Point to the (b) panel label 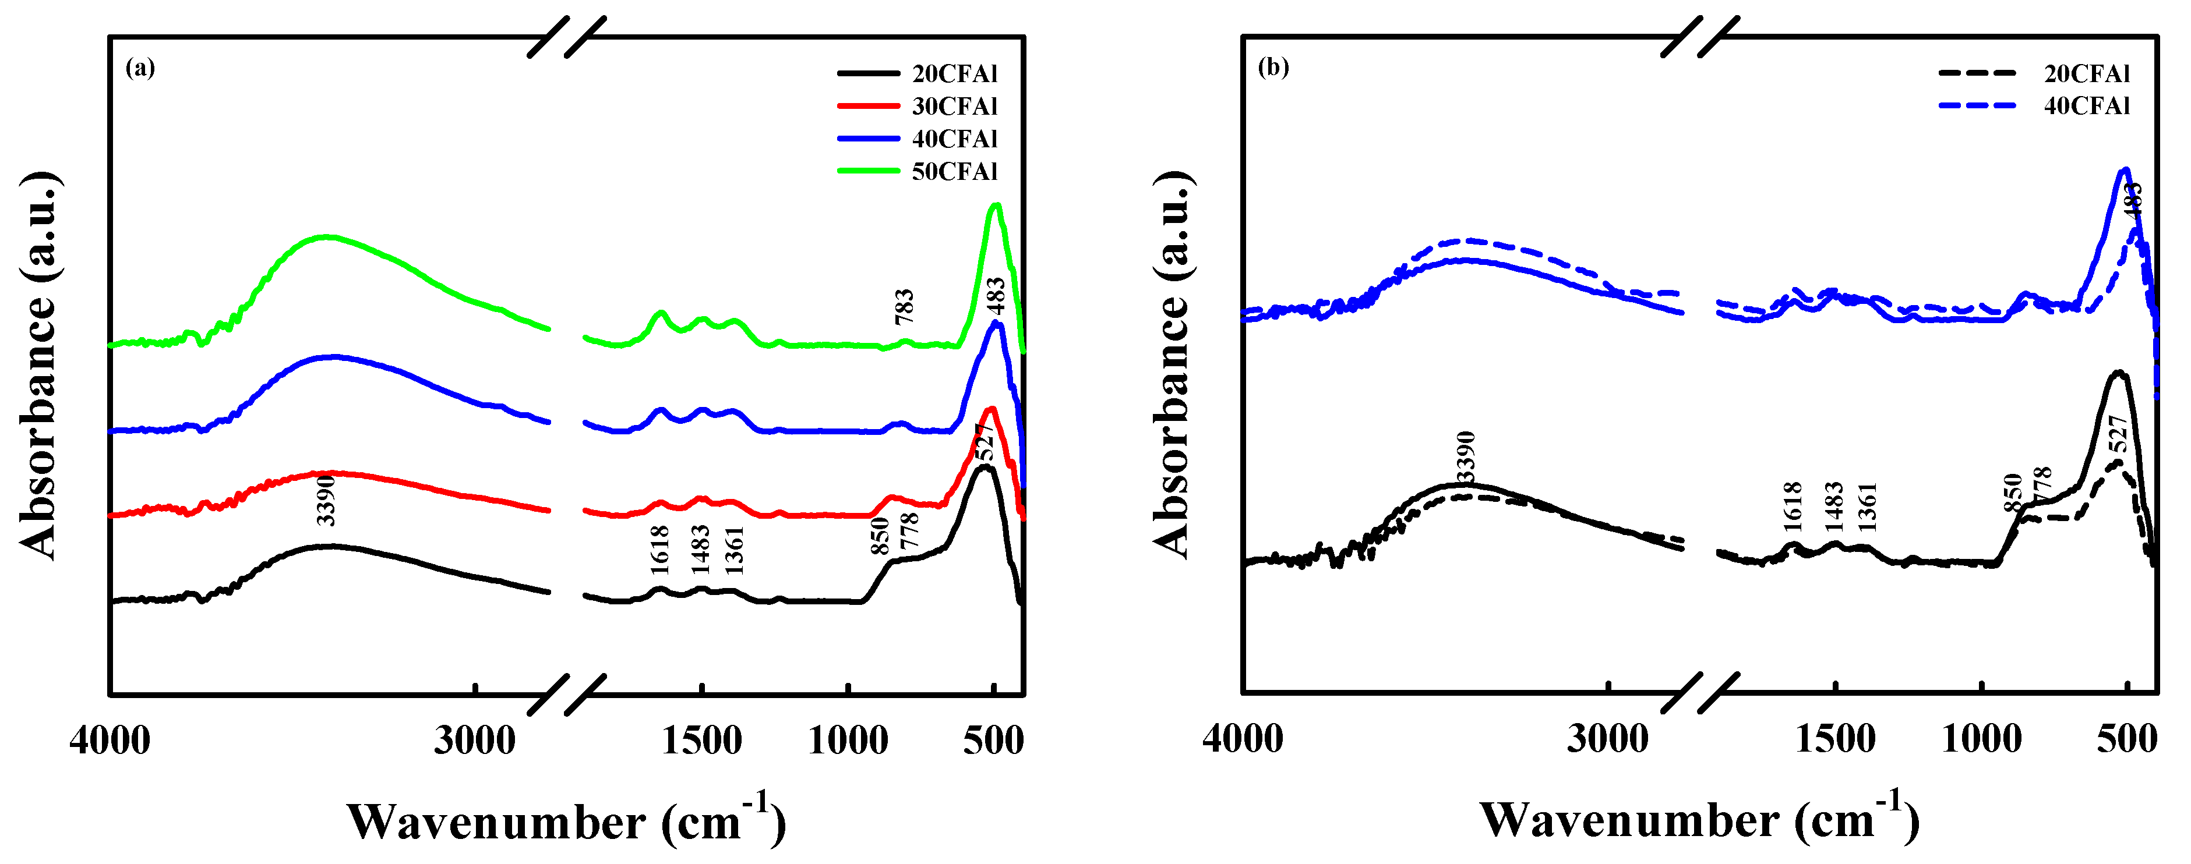(1273, 67)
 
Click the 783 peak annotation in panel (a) (904, 306)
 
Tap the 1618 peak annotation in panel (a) (660, 550)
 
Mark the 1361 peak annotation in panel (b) (1868, 507)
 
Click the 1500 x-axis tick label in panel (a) (702, 740)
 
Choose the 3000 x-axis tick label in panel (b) (1607, 738)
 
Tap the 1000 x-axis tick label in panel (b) (1982, 738)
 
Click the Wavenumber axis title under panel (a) (566, 819)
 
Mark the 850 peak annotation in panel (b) (2012, 493)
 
